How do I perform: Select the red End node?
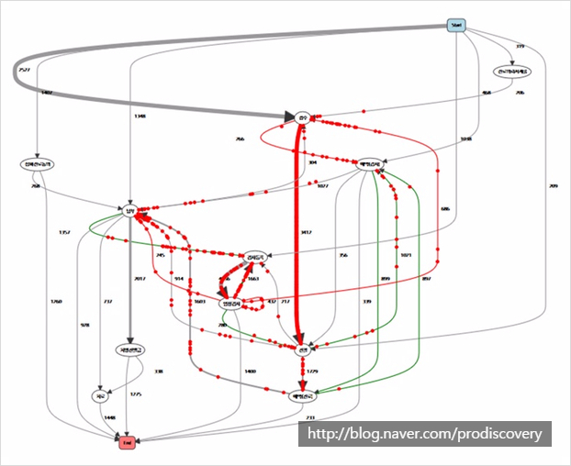pyautogui.click(x=127, y=443)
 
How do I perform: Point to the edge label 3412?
pyautogui.click(x=306, y=233)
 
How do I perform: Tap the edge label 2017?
pyautogui.click(x=140, y=279)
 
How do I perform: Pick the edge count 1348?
pyautogui.click(x=140, y=116)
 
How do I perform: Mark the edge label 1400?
pyautogui.click(x=250, y=371)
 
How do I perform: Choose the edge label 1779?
pyautogui.click(x=311, y=372)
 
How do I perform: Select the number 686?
pyautogui.click(x=445, y=209)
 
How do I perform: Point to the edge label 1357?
pyautogui.click(x=64, y=232)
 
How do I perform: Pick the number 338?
pyautogui.click(x=158, y=372)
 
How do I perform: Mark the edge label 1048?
pyautogui.click(x=466, y=139)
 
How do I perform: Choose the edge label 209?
pyautogui.click(x=553, y=187)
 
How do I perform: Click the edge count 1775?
pyautogui.click(x=136, y=394)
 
